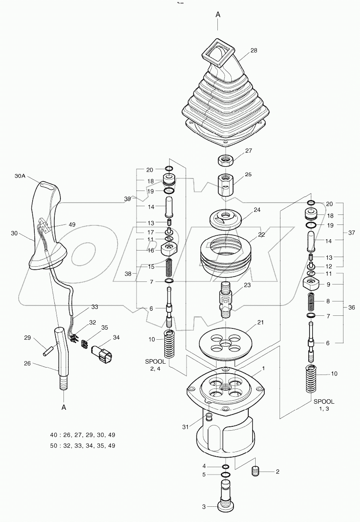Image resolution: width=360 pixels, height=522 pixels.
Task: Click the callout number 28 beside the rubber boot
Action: point(253,50)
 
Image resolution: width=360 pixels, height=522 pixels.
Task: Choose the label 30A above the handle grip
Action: point(20,176)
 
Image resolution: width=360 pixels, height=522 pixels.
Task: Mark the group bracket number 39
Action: point(127,198)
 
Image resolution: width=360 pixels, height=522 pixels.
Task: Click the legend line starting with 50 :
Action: point(83,445)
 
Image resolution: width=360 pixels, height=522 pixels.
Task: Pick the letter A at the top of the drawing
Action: point(218,14)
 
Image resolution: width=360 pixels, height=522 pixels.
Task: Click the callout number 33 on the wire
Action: point(94,307)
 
